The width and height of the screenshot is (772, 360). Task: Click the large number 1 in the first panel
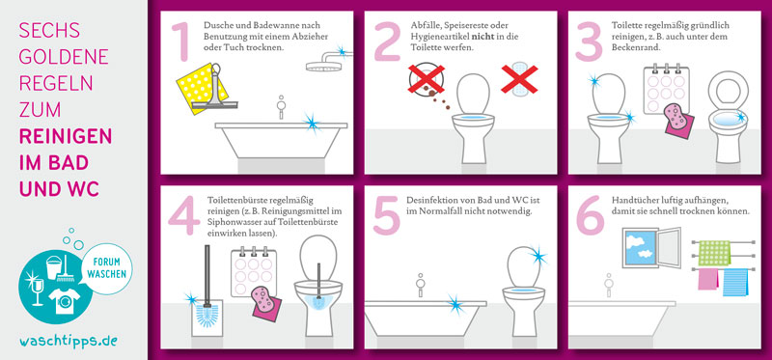(182, 41)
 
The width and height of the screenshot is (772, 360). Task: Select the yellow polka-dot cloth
(202, 88)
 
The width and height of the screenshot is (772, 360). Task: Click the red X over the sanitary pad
(519, 79)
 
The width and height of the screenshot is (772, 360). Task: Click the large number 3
(589, 41)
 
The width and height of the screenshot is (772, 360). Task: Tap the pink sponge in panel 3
(676, 116)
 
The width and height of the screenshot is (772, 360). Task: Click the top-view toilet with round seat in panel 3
(729, 117)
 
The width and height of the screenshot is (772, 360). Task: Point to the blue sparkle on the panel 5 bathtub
(456, 304)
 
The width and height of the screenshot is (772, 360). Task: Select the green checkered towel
(714, 253)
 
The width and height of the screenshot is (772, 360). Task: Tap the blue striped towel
(735, 282)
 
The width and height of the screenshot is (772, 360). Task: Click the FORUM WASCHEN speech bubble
(106, 269)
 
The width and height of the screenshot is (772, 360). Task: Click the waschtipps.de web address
(69, 341)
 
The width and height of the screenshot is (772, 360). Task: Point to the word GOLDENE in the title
(64, 57)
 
